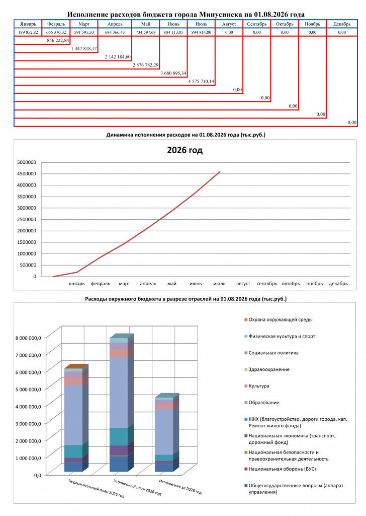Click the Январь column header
[28, 24]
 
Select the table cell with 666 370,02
[56, 32]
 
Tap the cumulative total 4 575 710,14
[201, 81]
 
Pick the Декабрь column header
[342, 24]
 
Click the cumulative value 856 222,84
[58, 40]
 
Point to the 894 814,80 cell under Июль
[201, 32]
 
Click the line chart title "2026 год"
[185, 150]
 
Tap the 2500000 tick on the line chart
[27, 219]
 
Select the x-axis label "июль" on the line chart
[219, 283]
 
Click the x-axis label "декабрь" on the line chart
[338, 283]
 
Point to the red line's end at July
[220, 172]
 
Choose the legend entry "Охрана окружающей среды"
[279, 319]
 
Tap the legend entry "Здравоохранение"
[267, 369]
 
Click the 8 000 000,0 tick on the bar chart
[29, 338]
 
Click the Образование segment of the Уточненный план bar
[119, 392]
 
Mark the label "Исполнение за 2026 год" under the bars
[180, 487]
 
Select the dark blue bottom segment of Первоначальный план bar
[73, 467]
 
